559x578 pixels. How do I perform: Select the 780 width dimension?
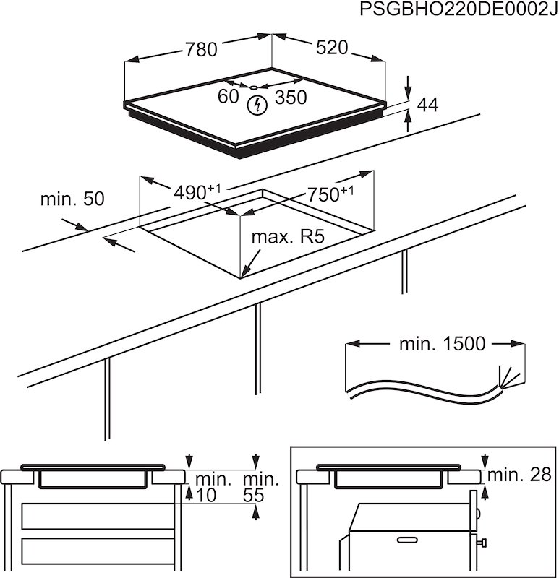pyautogui.click(x=201, y=49)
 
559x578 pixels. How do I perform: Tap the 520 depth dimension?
pyautogui.click(x=333, y=48)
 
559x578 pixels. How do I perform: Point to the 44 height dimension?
pyautogui.click(x=427, y=105)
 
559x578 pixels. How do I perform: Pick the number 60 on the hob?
pyautogui.click(x=229, y=97)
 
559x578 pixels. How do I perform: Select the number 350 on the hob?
pyautogui.click(x=291, y=98)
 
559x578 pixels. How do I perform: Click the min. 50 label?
pyautogui.click(x=72, y=199)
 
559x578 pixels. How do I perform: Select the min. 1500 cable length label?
pyautogui.click(x=442, y=344)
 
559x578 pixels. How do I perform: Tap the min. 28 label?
pyautogui.click(x=519, y=475)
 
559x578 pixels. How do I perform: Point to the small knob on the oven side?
pyautogui.click(x=482, y=542)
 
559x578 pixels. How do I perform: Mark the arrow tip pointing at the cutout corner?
pyautogui.click(x=242, y=277)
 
